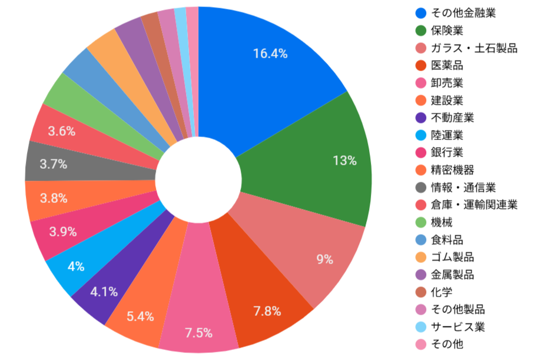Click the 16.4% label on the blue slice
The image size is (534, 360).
(270, 54)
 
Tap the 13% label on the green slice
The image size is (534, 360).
(345, 161)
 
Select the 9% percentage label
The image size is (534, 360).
(325, 259)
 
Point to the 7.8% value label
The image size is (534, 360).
(267, 311)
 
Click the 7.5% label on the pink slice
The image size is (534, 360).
(198, 333)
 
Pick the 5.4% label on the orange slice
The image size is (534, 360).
(140, 317)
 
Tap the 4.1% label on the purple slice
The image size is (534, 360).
(104, 291)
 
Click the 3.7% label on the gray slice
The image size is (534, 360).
(52, 165)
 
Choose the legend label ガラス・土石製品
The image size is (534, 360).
(474, 48)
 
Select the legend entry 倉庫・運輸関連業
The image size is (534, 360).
(474, 205)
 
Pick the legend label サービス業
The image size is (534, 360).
(457, 327)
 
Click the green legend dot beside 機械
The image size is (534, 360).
(420, 222)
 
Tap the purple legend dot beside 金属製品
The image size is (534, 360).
(420, 275)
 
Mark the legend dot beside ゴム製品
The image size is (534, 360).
(420, 257)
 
